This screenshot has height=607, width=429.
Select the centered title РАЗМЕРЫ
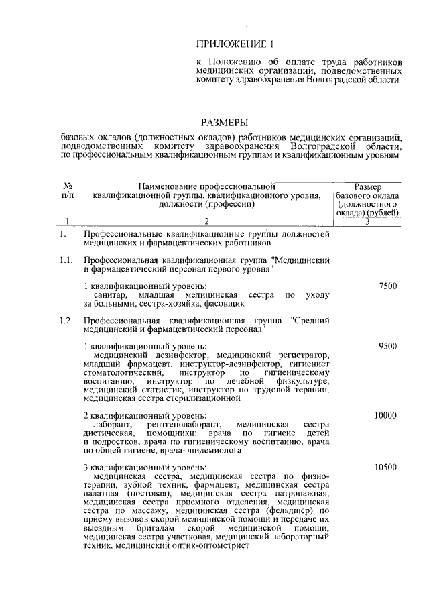click(225, 122)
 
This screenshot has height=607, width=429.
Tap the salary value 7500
click(387, 286)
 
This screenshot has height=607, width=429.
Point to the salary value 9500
click(387, 346)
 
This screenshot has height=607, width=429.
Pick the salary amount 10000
click(385, 416)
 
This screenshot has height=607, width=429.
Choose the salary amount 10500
click(385, 467)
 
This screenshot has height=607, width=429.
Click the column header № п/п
click(68, 189)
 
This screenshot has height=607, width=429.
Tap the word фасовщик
click(226, 303)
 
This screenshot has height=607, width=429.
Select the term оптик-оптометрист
click(215, 546)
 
